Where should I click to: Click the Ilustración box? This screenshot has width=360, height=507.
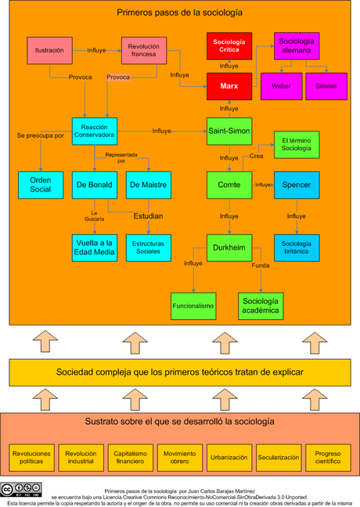[x=49, y=50]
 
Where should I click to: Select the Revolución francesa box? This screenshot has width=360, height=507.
[x=143, y=50]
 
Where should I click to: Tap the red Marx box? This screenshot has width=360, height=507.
[x=229, y=86]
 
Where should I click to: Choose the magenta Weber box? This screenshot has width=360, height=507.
[x=281, y=85]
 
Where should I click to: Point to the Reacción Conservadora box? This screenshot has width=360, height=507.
[x=94, y=131]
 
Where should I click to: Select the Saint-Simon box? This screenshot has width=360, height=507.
[x=229, y=131]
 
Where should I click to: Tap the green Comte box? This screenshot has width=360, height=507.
[x=229, y=185]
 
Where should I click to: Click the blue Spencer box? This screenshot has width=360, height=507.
[x=297, y=185]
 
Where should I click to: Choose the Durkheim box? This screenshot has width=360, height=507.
[x=229, y=247]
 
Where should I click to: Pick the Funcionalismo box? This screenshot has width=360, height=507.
[x=193, y=306]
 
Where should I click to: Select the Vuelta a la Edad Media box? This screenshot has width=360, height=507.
[x=93, y=247]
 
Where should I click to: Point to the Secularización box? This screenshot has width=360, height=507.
[x=275, y=458]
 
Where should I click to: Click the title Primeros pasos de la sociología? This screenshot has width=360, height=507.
[x=179, y=13]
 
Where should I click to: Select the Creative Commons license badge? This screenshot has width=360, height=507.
[x=20, y=491]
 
